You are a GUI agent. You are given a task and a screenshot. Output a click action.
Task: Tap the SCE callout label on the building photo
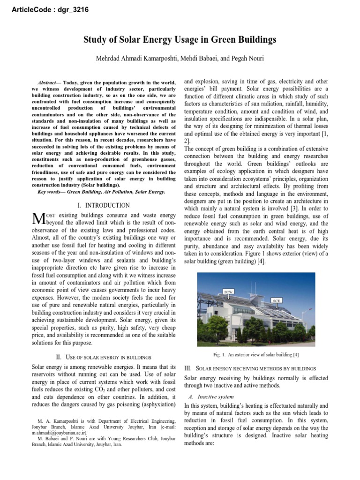(x=278, y=300)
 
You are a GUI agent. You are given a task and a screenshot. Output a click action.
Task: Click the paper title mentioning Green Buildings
(x=180, y=40)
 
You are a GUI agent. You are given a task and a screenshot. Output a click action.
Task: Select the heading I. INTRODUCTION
(x=103, y=205)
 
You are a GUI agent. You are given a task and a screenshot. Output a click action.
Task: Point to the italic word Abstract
(x=48, y=82)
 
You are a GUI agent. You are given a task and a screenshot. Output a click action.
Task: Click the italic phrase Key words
(x=51, y=191)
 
